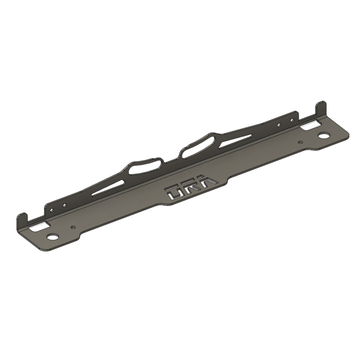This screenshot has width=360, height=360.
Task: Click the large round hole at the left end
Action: point(52,237)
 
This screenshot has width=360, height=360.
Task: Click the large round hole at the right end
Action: point(323,136)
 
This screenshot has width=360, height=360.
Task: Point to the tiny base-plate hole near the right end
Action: point(300,142)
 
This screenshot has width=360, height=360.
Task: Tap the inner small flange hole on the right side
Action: point(279,124)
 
